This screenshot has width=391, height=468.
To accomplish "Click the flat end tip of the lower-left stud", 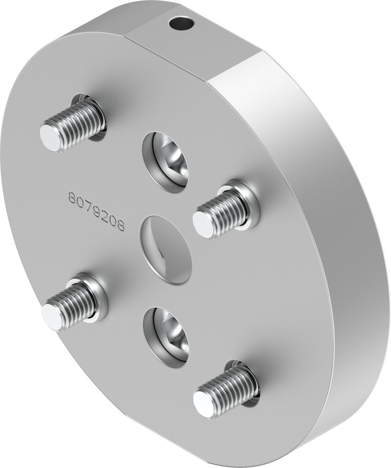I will pyautogui.click(x=52, y=316).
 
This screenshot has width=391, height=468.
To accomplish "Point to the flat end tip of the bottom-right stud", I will pyautogui.click(x=204, y=404).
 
